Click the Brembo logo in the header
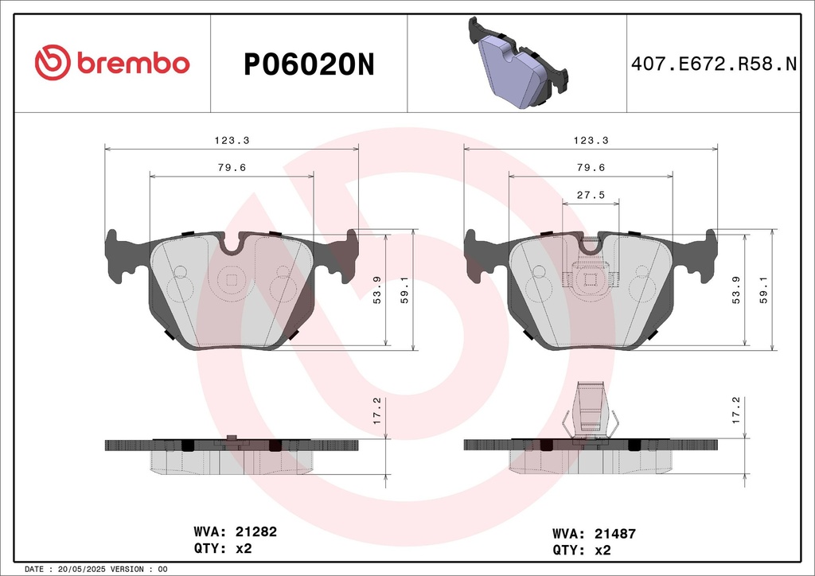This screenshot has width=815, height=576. [112, 63]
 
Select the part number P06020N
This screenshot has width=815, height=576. [309, 65]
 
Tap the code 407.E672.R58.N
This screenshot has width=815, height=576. [714, 64]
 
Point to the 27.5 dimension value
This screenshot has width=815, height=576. [591, 195]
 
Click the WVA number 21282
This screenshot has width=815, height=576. [256, 532]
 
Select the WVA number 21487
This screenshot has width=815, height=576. [615, 533]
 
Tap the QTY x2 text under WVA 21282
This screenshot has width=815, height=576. [223, 548]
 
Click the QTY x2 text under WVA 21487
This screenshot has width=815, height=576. [581, 550]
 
